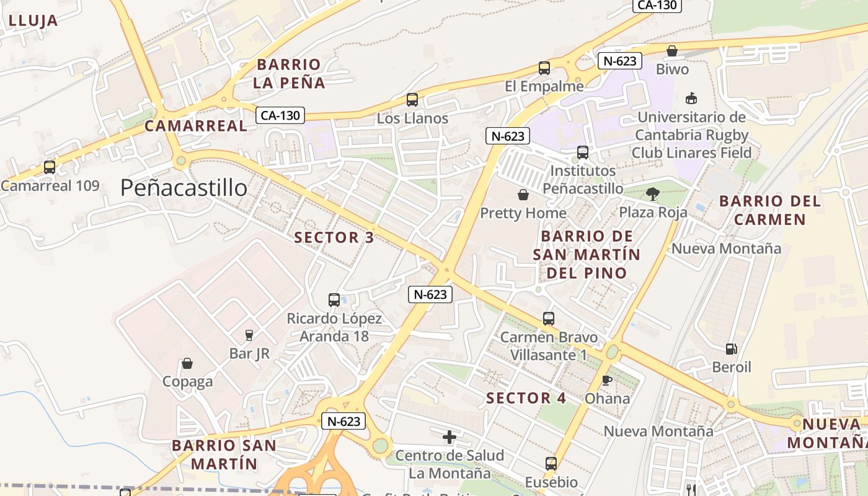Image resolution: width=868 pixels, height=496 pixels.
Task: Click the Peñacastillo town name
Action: click(x=184, y=187)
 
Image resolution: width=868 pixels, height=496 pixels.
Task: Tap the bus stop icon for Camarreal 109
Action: click(x=50, y=167)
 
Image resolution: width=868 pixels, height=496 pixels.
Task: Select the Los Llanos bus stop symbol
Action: click(x=412, y=99)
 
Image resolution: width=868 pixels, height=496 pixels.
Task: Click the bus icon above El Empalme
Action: click(x=544, y=68)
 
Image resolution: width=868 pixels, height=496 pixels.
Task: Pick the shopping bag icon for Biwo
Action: click(x=672, y=51)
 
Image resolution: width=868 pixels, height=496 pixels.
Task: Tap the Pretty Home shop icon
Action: click(x=523, y=195)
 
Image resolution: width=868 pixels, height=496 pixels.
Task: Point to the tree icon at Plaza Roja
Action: click(x=652, y=194)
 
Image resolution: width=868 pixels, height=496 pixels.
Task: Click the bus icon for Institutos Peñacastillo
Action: click(x=583, y=152)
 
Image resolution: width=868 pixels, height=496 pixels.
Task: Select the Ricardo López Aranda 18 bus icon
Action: click(x=334, y=300)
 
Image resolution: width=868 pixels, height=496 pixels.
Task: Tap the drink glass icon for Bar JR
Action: click(x=249, y=335)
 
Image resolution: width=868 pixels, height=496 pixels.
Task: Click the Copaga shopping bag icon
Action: click(x=187, y=363)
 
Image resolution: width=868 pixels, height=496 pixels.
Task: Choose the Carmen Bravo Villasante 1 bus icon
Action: click(x=549, y=319)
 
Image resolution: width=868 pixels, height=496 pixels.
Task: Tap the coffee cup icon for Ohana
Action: click(x=607, y=380)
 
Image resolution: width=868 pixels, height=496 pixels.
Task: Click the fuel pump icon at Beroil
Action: click(x=732, y=349)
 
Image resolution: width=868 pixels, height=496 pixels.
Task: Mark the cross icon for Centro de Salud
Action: click(x=449, y=437)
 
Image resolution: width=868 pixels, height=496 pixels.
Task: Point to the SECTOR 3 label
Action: click(x=334, y=237)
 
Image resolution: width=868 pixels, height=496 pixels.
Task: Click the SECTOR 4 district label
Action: click(x=526, y=398)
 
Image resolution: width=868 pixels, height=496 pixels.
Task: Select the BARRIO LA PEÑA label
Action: click(x=289, y=73)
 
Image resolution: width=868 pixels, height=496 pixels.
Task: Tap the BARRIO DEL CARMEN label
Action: click(x=770, y=210)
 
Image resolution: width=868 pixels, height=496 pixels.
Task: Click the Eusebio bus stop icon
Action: click(x=551, y=463)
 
